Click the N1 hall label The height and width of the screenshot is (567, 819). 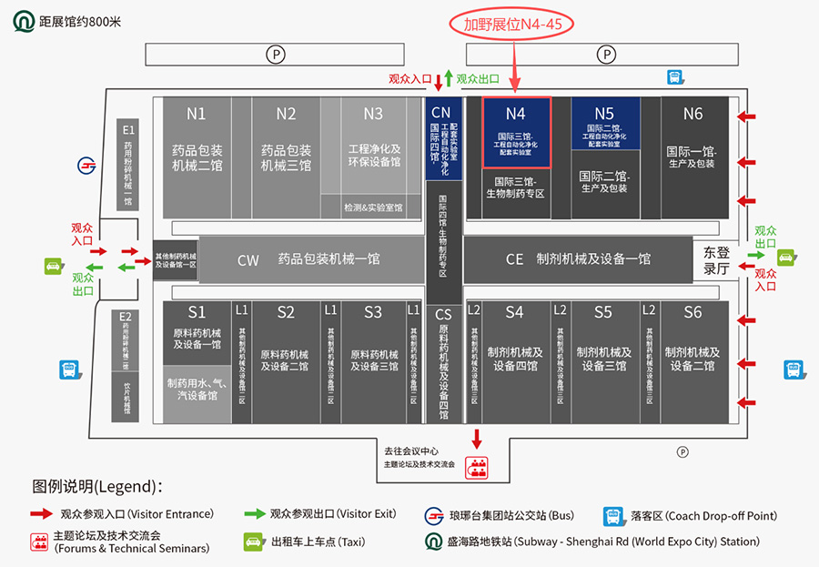196,114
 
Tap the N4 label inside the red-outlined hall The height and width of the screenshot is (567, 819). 516,114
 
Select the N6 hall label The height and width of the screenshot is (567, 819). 693,114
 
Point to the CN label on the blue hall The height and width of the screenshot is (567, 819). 440,114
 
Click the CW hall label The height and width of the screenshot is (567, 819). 248,260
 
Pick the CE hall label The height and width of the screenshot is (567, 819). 514,259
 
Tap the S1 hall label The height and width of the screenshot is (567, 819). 197,312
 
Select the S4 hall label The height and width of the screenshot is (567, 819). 514,312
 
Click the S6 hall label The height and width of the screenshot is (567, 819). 693,312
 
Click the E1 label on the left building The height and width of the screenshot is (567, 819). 128,130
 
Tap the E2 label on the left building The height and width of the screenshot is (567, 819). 126,318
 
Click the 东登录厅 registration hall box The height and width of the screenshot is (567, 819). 717,259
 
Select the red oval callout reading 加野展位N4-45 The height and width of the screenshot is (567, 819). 513,25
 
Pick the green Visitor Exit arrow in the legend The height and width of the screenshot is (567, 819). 255,513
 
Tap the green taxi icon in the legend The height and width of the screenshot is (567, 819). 253,542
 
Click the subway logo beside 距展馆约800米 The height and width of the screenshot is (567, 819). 23,20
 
